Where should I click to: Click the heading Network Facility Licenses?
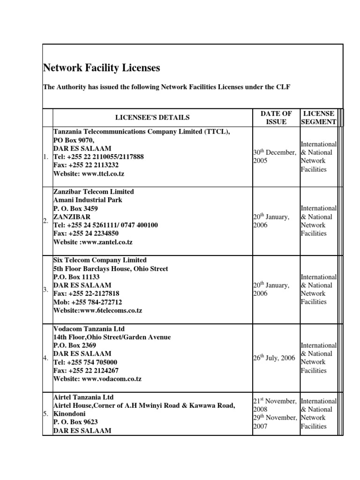tap(101, 68)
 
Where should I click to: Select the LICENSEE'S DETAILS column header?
tap(153, 118)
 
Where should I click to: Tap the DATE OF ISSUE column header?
tap(276, 118)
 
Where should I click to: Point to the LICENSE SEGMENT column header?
tap(319, 118)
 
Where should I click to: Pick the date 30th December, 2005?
tap(275, 157)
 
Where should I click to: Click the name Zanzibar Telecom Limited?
tap(93, 191)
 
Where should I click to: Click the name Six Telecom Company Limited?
tap(100, 260)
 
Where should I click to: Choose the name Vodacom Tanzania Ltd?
tap(89, 329)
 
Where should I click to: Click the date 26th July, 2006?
tap(274, 358)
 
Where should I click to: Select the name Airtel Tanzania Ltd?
tap(83, 397)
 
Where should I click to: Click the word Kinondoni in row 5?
tap(70, 414)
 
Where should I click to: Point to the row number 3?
tap(46, 290)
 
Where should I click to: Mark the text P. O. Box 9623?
tap(75, 422)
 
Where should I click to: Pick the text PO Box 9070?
tap(74, 140)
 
